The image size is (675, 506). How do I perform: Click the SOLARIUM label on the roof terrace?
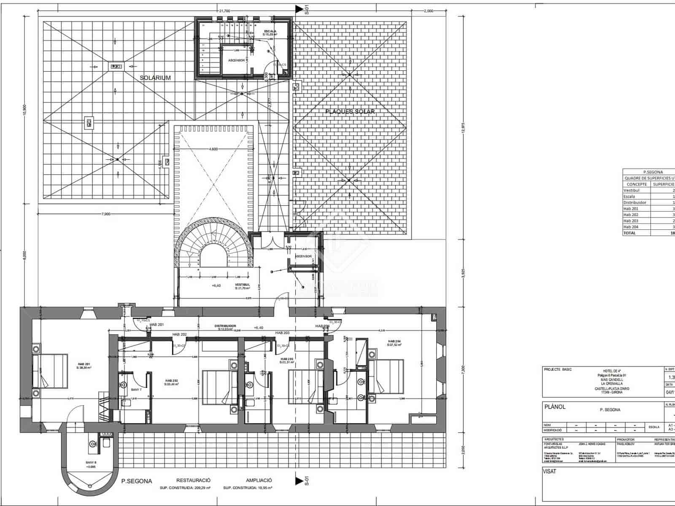click(x=156, y=78)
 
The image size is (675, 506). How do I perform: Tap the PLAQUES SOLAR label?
click(x=350, y=112)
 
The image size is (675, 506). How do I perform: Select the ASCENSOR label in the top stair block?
click(x=236, y=60)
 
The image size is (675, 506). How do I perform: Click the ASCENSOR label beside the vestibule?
click(x=303, y=256)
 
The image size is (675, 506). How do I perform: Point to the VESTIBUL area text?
click(x=242, y=286)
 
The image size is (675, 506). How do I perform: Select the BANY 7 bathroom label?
click(x=136, y=390)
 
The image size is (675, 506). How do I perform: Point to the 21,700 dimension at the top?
click(x=224, y=11)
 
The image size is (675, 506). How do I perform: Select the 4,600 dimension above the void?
click(x=213, y=149)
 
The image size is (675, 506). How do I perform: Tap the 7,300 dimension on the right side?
click(x=463, y=368)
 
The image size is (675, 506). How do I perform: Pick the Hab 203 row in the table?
click(x=631, y=221)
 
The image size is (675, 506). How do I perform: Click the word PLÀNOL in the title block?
click(x=555, y=407)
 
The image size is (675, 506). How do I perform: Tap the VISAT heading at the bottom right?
click(x=550, y=472)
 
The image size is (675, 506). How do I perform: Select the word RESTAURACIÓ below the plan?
click(x=193, y=480)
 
